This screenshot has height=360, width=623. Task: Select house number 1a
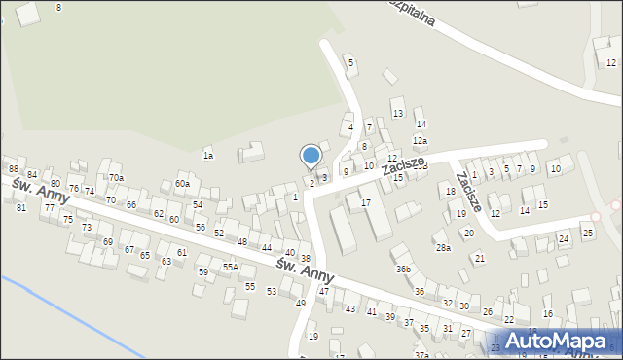pyautogui.click(x=207, y=156)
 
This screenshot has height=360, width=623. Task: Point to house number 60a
pyautogui.click(x=182, y=184)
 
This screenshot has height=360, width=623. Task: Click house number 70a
pyautogui.click(x=116, y=178)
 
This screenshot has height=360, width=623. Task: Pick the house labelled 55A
pyautogui.click(x=230, y=267)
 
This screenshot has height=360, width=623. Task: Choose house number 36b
pyautogui.click(x=403, y=269)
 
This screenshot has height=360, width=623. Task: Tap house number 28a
pyautogui.click(x=443, y=248)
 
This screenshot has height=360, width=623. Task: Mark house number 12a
pyautogui.click(x=420, y=141)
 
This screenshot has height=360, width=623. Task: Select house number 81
pyautogui.click(x=20, y=208)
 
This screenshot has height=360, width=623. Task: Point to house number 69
pyautogui.click(x=108, y=241)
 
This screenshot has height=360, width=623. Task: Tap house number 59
pyautogui.click(x=202, y=272)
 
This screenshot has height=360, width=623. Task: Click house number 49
pyautogui.click(x=301, y=304)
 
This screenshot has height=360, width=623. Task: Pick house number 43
pyautogui.click(x=349, y=309)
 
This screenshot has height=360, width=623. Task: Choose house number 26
pyautogui.click(x=488, y=311)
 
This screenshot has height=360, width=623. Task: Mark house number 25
pyautogui.click(x=587, y=233)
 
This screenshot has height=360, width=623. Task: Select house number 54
pyautogui.click(x=198, y=205)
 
